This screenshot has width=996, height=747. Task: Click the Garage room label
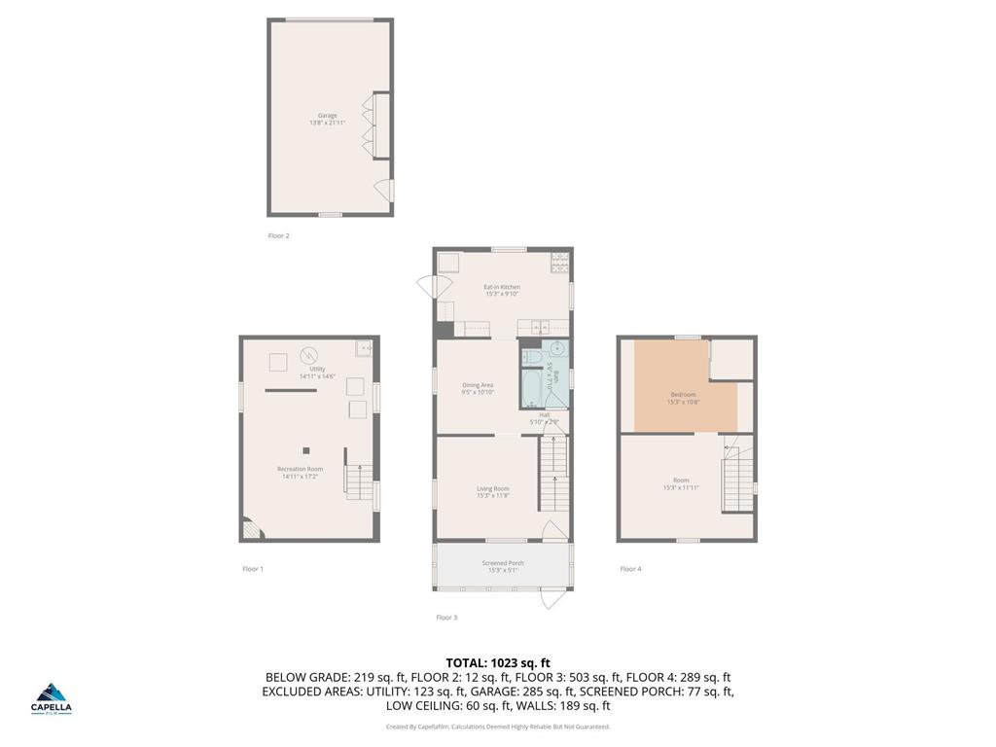click(x=327, y=119)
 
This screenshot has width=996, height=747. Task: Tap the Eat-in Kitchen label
click(x=502, y=290)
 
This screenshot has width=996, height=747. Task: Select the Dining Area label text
click(x=478, y=388)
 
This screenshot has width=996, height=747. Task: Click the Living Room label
click(x=493, y=491)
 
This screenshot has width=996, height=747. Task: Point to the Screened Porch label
click(x=503, y=566)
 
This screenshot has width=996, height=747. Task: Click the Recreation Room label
click(x=300, y=472)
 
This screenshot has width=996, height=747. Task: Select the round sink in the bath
click(x=558, y=350)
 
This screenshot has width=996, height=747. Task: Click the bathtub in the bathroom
click(x=531, y=391)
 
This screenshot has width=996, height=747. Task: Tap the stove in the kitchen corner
click(x=559, y=260)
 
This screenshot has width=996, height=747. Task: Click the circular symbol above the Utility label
click(x=309, y=355)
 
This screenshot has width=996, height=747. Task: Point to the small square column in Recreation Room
click(x=306, y=450)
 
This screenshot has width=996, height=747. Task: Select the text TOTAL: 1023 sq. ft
click(x=497, y=663)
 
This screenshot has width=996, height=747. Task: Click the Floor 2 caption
click(x=278, y=235)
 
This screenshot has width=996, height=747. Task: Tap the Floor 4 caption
click(x=630, y=568)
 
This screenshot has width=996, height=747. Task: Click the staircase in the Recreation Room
click(x=359, y=480)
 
